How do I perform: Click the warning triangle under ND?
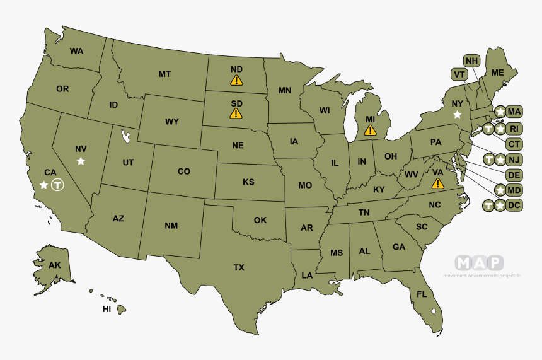236,80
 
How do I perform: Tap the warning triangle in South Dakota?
236,113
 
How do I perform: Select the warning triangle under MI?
370,131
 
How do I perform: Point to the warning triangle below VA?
437,183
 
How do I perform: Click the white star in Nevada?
81,161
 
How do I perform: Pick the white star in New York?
458,114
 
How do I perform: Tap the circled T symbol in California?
57,185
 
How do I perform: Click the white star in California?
43,185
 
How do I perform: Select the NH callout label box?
471,61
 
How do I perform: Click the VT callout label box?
459,74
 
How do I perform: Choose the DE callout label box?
514,175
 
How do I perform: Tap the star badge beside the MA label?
500,112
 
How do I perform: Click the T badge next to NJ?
488,159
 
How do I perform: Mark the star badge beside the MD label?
500,190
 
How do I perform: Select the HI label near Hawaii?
107,310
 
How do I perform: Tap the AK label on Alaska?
54,265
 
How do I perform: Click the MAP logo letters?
480,262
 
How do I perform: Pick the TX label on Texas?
239,267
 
